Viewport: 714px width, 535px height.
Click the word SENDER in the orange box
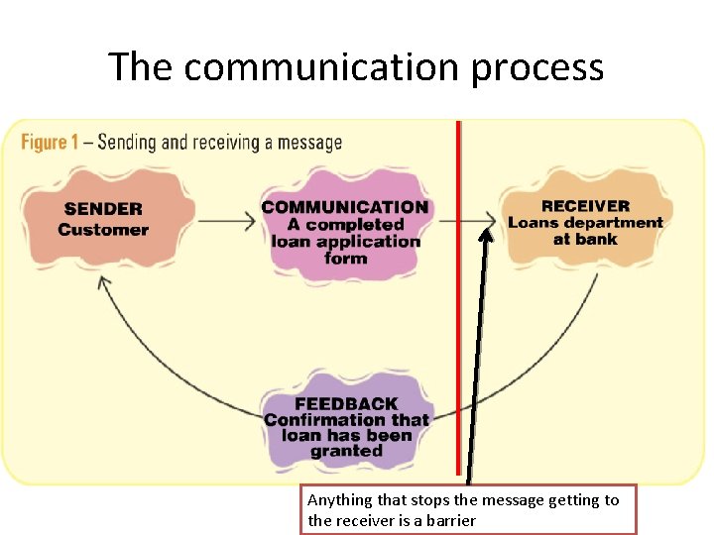[x=103, y=209]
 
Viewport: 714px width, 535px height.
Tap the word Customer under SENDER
[x=103, y=230]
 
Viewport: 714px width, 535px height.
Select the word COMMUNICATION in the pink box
[x=345, y=208]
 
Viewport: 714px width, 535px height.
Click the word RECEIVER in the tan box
[x=585, y=206]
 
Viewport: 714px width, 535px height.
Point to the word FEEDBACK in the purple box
[x=346, y=403]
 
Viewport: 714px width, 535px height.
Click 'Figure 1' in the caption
[x=50, y=143]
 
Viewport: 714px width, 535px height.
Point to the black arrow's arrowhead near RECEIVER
[x=486, y=235]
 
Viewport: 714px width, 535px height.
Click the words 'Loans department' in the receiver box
[x=585, y=222]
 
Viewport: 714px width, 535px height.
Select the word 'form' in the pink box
[x=345, y=259]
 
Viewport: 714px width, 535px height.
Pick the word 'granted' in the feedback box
[x=346, y=451]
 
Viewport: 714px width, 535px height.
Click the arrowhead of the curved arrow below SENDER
[x=102, y=282]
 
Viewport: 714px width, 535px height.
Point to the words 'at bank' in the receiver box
[x=585, y=239]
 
